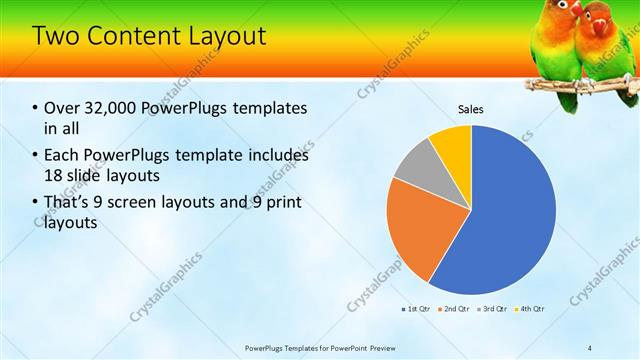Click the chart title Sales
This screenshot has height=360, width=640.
[x=471, y=108]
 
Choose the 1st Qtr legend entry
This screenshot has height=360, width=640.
[x=418, y=309]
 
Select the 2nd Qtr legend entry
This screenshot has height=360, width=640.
[x=455, y=309]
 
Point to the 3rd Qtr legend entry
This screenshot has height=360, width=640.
[x=492, y=309]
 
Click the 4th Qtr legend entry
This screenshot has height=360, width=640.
[x=529, y=309]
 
